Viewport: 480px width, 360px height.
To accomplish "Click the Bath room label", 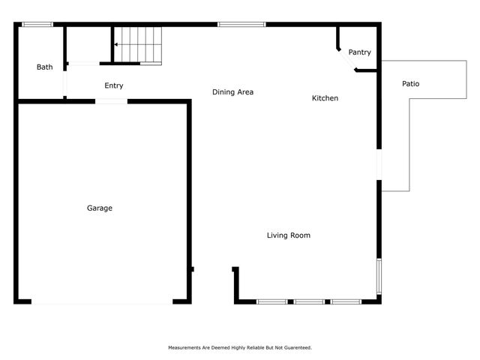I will pos(45,67).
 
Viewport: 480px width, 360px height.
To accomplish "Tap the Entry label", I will pos(114,85).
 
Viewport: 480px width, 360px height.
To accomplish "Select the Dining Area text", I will pos(232,92).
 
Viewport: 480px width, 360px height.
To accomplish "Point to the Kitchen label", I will pos(325,98).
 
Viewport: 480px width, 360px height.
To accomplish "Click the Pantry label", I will pos(360,52).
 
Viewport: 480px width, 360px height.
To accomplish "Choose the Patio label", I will pos(410,83).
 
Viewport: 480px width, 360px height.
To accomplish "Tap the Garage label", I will pos(100,208).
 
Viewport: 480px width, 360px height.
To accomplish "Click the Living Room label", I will pos(289,235).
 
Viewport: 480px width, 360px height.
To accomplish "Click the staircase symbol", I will pos(138,45).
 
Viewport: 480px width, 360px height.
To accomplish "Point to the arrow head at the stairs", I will pos(116,45).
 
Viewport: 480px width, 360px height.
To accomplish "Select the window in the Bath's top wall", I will pos(37,25).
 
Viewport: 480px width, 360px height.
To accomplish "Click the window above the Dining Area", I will pos(241,25).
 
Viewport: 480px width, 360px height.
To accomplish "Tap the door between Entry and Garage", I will pos(111,100).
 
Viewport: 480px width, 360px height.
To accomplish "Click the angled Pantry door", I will pos(346,61).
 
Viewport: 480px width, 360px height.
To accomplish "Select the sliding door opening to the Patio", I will pos(379,165).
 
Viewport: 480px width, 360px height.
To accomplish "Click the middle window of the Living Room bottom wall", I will pos(309,301).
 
